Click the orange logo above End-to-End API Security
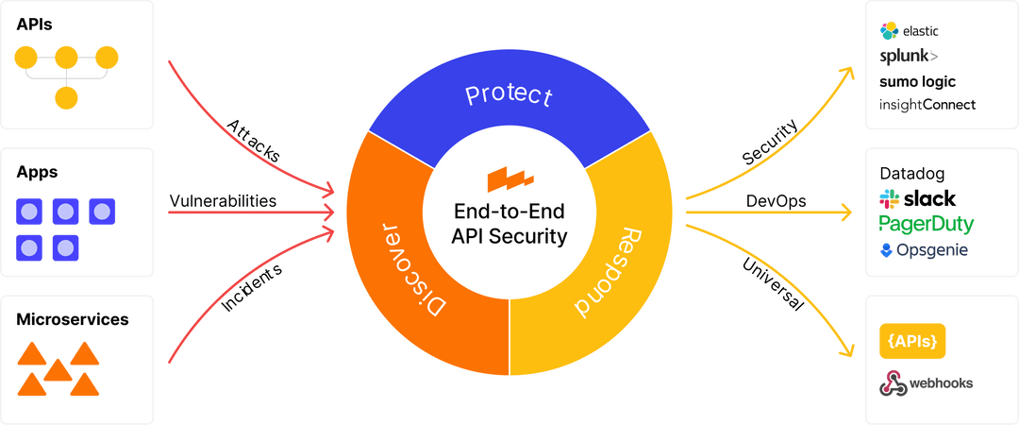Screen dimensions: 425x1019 point(509,178)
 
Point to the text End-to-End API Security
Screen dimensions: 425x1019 point(509,224)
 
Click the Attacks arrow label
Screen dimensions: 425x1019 point(252,143)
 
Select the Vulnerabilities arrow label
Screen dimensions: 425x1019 point(223,201)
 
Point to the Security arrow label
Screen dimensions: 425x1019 point(772,144)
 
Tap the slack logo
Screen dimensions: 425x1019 point(917,199)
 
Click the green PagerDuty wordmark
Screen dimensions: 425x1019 point(926,225)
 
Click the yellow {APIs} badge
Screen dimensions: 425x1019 point(912,341)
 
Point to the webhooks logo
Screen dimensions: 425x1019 point(925,382)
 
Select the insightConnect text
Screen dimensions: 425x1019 point(927,105)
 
